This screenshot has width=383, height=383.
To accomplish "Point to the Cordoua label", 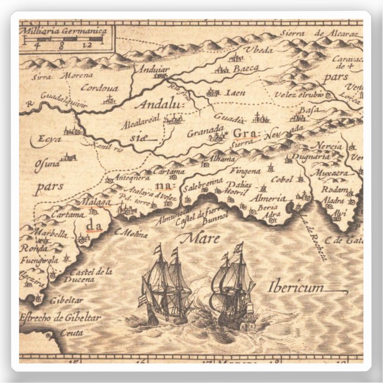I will [99, 89].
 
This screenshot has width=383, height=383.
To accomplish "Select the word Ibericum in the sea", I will [296, 287].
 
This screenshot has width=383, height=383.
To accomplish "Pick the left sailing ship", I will [167, 285].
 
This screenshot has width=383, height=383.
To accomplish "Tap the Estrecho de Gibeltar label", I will [60, 317].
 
